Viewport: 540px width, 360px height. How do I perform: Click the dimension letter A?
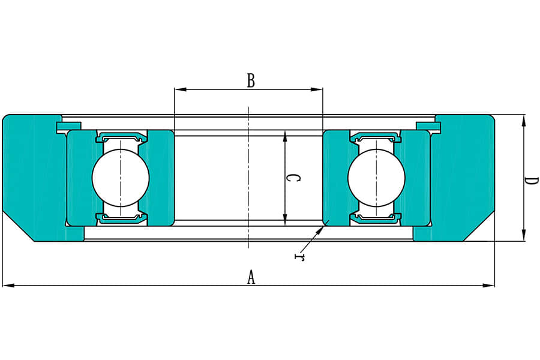pyautogui.click(x=251, y=277)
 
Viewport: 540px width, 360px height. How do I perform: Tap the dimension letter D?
pyautogui.click(x=531, y=180)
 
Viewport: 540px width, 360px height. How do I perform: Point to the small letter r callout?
pyautogui.click(x=298, y=257)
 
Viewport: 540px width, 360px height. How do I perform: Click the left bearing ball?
pyautogui.click(x=121, y=177)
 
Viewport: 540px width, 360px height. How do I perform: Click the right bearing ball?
pyautogui.click(x=376, y=177)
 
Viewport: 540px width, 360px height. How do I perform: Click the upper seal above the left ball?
pyautogui.click(x=121, y=136)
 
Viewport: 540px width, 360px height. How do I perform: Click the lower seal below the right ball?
pyautogui.click(x=376, y=218)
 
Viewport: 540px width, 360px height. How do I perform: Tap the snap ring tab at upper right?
pyautogui.click(x=428, y=125)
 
